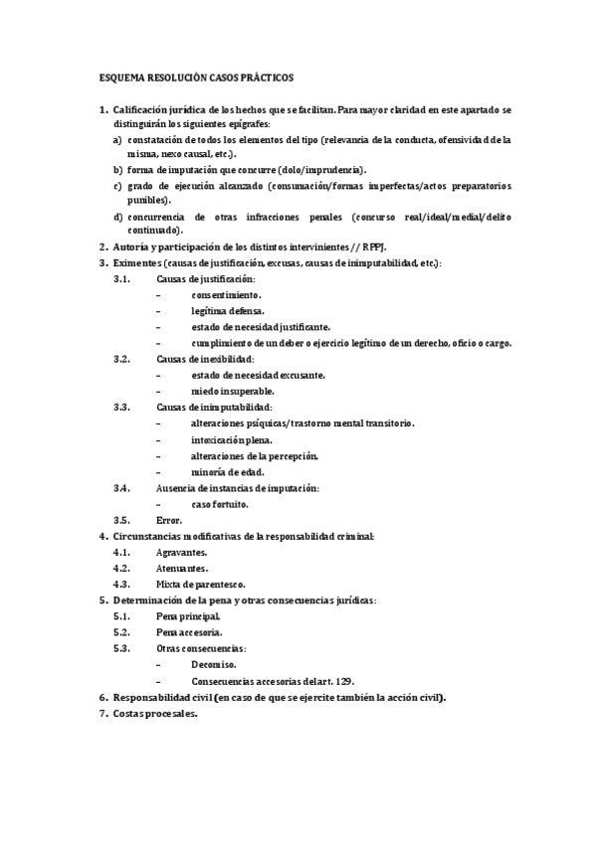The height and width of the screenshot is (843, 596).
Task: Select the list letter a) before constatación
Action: pyautogui.click(x=117, y=140)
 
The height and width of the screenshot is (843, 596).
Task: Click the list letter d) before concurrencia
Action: pyautogui.click(x=117, y=216)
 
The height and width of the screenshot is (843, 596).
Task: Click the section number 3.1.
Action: pyautogui.click(x=122, y=279)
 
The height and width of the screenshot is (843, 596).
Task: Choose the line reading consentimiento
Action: pyautogui.click(x=227, y=295)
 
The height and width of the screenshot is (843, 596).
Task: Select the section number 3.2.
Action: pyautogui.click(x=122, y=359)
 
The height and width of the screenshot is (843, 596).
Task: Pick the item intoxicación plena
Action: pyautogui.click(x=232, y=439)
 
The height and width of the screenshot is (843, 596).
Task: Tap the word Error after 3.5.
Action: pyautogui.click(x=169, y=520)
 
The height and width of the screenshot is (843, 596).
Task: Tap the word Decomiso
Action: pyautogui.click(x=214, y=664)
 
